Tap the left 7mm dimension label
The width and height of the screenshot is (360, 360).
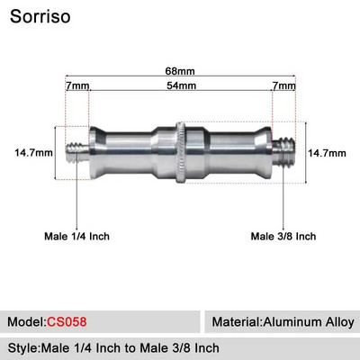(x=77, y=85)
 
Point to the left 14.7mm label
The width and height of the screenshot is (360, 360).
(x=34, y=152)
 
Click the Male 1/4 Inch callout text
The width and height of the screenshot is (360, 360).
(x=77, y=237)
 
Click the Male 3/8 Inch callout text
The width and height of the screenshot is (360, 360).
(x=283, y=237)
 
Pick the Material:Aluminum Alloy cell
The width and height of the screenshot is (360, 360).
(x=283, y=321)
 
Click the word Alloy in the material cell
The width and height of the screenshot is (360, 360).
(x=338, y=321)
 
